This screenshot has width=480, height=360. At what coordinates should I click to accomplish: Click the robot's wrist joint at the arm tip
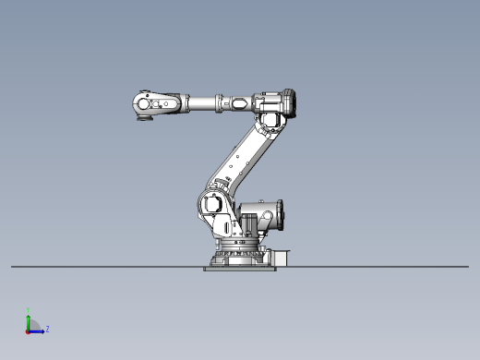(144, 102)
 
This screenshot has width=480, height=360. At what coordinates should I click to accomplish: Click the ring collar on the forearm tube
(221, 103)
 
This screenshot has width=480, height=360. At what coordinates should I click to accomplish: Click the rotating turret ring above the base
(237, 245)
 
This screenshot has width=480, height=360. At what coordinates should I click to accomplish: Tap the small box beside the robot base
(283, 257)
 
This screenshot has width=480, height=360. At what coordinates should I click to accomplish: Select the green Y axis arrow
(29, 320)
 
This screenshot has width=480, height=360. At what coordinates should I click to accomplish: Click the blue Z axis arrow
(38, 330)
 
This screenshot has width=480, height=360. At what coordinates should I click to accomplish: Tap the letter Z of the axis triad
(48, 329)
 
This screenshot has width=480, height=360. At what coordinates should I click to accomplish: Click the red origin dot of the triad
(29, 330)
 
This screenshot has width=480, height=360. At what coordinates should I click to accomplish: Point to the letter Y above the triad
(29, 310)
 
